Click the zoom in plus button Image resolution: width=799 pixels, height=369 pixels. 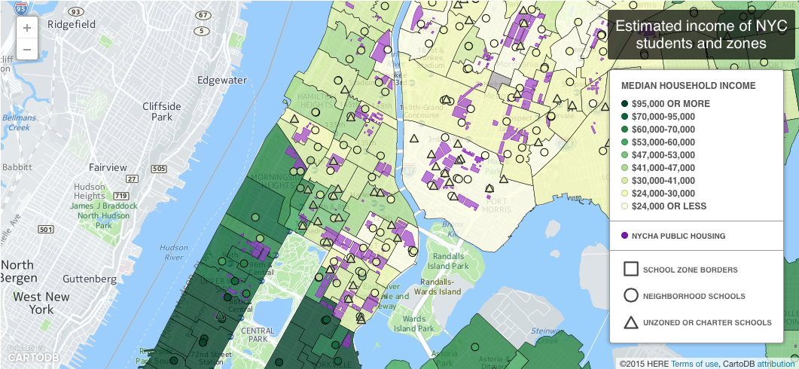[27, 28]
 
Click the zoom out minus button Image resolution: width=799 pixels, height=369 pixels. [27, 50]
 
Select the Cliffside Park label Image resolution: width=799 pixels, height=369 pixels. [162, 111]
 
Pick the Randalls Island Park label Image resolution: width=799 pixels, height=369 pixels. [449, 261]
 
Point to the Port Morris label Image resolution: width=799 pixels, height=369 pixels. [501, 205]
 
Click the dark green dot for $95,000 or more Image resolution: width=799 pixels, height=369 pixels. [624, 104]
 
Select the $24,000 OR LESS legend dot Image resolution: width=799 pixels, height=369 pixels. [624, 206]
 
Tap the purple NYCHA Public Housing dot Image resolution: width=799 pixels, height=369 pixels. [624, 236]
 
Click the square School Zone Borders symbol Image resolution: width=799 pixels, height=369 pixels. [631, 269]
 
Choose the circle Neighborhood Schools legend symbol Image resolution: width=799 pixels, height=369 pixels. [631, 296]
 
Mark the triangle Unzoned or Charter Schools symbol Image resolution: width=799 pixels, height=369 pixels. [631, 322]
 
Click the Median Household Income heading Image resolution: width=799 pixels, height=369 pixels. [688, 86]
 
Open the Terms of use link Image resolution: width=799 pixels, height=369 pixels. [695, 364]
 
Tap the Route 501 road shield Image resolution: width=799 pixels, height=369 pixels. [45, 229]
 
